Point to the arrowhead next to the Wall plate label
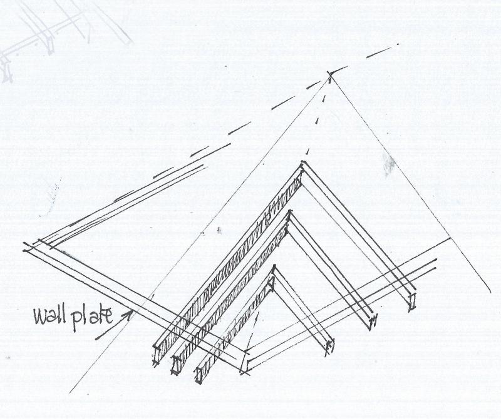coord(128,314)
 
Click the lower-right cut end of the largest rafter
coord(412,301)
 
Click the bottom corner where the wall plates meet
coord(244,371)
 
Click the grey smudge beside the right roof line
coord(388,164)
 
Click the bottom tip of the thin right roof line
coord(490,291)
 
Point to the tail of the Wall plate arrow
coord(96,339)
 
